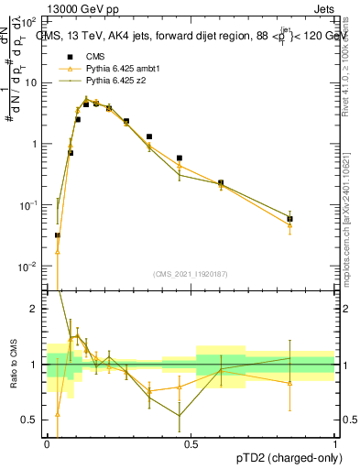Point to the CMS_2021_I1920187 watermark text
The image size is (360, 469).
189,273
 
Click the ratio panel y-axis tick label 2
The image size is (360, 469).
33,309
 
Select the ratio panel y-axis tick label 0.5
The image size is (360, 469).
29,420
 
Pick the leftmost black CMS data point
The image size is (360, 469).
57,235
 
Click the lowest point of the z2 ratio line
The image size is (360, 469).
180,415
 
